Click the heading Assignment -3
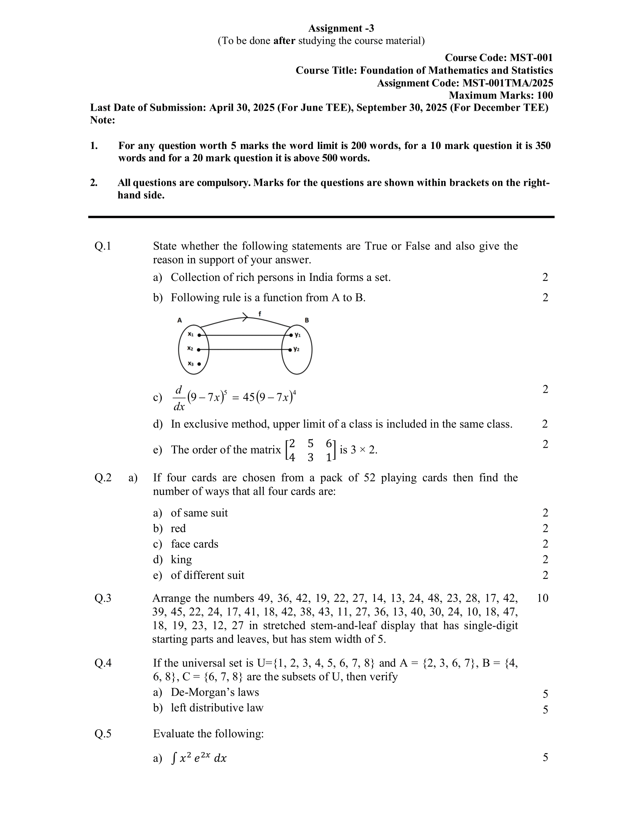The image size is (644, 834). (x=341, y=28)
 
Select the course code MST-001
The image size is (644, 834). (x=531, y=58)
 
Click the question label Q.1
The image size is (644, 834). (x=103, y=246)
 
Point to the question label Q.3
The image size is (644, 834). (x=103, y=598)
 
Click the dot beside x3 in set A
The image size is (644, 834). (x=199, y=364)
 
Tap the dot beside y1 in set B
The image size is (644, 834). (x=291, y=335)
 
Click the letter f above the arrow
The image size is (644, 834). (x=259, y=314)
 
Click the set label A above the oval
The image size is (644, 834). (x=179, y=320)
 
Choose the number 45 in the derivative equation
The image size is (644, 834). (x=249, y=398)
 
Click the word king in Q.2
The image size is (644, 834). (x=181, y=560)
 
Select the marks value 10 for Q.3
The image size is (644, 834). (x=542, y=598)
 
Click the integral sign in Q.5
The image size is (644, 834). (x=174, y=758)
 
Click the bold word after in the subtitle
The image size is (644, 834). (x=284, y=41)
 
